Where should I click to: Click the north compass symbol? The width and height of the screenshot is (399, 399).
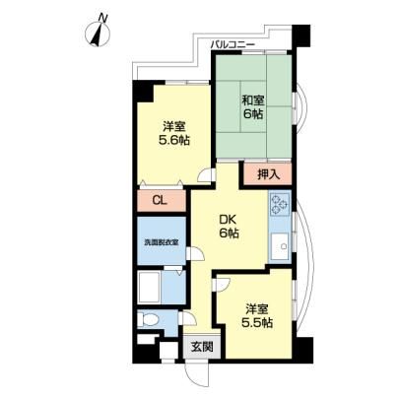(99, 32)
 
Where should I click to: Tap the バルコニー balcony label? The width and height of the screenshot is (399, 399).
(233, 44)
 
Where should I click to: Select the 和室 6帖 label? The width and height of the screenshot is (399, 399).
(253, 106)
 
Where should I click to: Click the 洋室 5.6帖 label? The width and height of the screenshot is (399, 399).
(174, 133)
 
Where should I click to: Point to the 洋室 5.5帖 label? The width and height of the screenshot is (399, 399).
(257, 315)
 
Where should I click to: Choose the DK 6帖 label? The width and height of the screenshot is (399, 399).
(229, 227)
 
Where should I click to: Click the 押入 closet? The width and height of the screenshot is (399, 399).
(268, 174)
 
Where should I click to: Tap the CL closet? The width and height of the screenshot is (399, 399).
(161, 200)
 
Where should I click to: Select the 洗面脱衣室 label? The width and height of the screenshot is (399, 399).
(162, 242)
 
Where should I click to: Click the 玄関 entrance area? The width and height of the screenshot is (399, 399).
(202, 347)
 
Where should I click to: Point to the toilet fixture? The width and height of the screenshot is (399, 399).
(148, 319)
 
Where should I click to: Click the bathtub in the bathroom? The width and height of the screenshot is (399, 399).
(149, 287)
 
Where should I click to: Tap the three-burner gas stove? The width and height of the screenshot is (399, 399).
(280, 204)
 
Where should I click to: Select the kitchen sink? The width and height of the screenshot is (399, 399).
(280, 244)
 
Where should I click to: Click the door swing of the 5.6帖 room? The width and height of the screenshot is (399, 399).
(206, 175)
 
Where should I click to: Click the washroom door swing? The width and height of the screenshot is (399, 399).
(195, 254)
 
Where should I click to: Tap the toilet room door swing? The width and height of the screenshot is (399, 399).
(187, 319)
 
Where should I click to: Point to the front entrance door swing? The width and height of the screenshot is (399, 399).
(196, 374)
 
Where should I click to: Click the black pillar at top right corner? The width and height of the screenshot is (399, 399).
(300, 35)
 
